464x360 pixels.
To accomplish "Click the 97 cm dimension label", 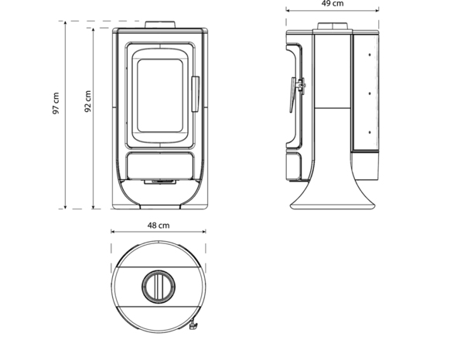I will (55, 104).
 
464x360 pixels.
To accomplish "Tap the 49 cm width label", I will (333, 5).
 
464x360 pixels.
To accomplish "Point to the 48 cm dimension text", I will (158, 226).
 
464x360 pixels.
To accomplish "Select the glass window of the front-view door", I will (160, 97).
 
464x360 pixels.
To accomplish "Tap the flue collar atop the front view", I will (161, 23).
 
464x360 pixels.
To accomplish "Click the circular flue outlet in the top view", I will (158, 287).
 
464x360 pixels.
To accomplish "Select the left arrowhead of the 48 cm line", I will (113, 232).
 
